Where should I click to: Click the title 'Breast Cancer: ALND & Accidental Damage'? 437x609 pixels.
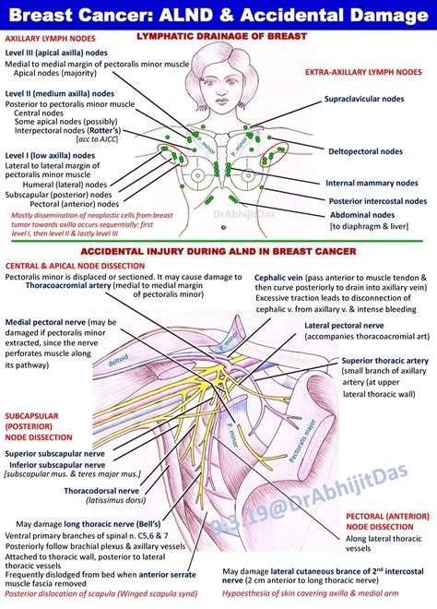point(218,15)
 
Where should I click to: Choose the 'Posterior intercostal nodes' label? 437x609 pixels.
point(378,200)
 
